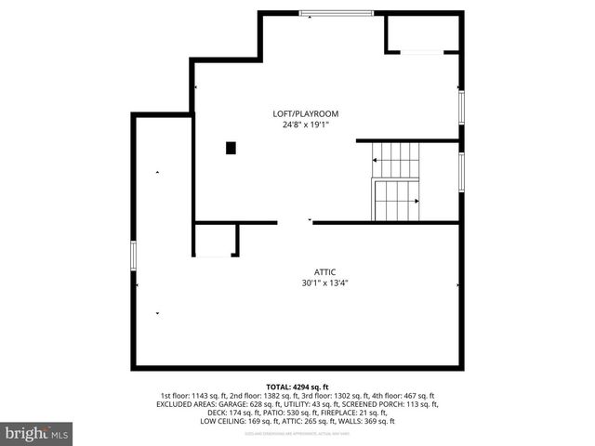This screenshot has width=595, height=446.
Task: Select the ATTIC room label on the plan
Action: click(x=324, y=271)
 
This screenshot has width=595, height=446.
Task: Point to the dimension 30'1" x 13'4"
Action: click(x=324, y=282)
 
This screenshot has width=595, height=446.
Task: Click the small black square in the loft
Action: click(x=231, y=147)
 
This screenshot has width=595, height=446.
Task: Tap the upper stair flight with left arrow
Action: click(x=396, y=161)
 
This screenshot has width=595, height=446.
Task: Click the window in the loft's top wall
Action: click(x=336, y=13)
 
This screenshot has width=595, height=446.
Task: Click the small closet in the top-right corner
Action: click(x=422, y=33)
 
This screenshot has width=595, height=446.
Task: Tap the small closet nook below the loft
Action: click(x=215, y=240)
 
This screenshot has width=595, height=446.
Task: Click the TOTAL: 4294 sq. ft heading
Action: click(x=297, y=387)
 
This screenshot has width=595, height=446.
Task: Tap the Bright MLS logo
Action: click(x=37, y=433)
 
